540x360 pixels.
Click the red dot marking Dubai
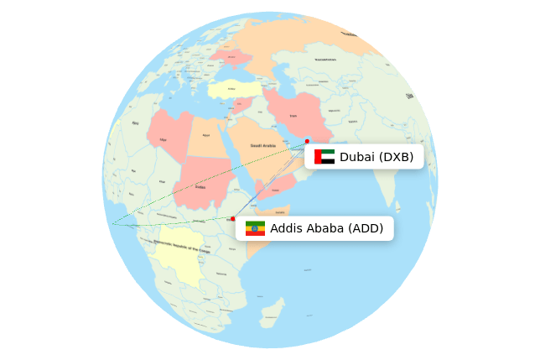point(307,141)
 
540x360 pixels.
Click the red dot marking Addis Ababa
point(233,219)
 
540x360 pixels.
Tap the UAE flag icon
point(325,157)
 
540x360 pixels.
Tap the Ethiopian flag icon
point(255,228)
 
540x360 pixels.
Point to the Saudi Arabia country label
point(262,146)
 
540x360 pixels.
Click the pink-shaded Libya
point(169,135)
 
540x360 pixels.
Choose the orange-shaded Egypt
point(205,137)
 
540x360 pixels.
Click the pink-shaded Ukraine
point(231,56)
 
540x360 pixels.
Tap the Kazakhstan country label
point(325,60)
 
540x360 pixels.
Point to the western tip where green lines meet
point(112,224)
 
